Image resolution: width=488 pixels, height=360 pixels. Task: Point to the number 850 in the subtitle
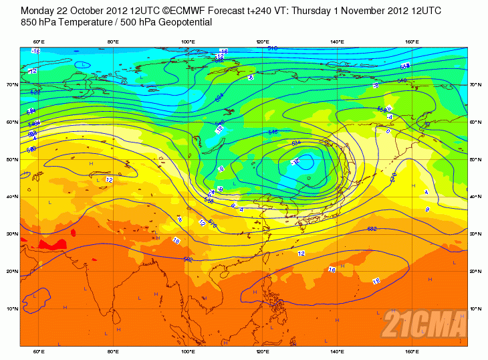pyautogui.click(x=30, y=22)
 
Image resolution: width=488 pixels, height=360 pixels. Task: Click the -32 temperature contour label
pyautogui.click(x=295, y=161)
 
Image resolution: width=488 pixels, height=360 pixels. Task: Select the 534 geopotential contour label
pyautogui.click(x=297, y=143)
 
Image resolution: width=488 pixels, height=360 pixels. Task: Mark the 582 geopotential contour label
pyautogui.click(x=372, y=229)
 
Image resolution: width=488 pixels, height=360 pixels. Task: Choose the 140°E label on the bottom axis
pyautogui.click(x=337, y=351)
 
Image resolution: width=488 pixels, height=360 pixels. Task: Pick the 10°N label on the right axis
pyautogui.click(x=475, y=308)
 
